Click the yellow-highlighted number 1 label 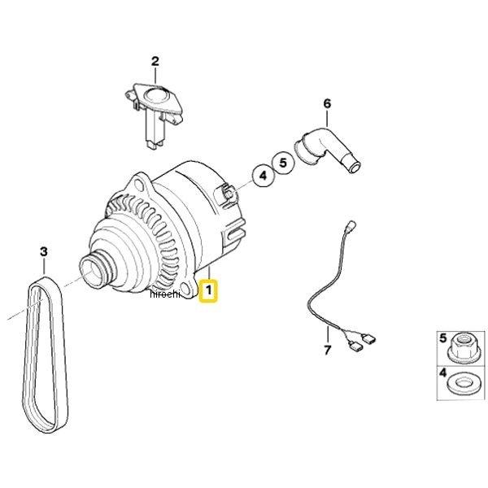[x=208, y=291]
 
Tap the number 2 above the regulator [x=155, y=61]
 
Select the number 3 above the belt [x=44, y=251]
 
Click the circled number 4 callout [x=264, y=176]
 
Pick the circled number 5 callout [x=283, y=163]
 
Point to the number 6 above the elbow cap [x=327, y=103]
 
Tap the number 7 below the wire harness [x=327, y=351]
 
